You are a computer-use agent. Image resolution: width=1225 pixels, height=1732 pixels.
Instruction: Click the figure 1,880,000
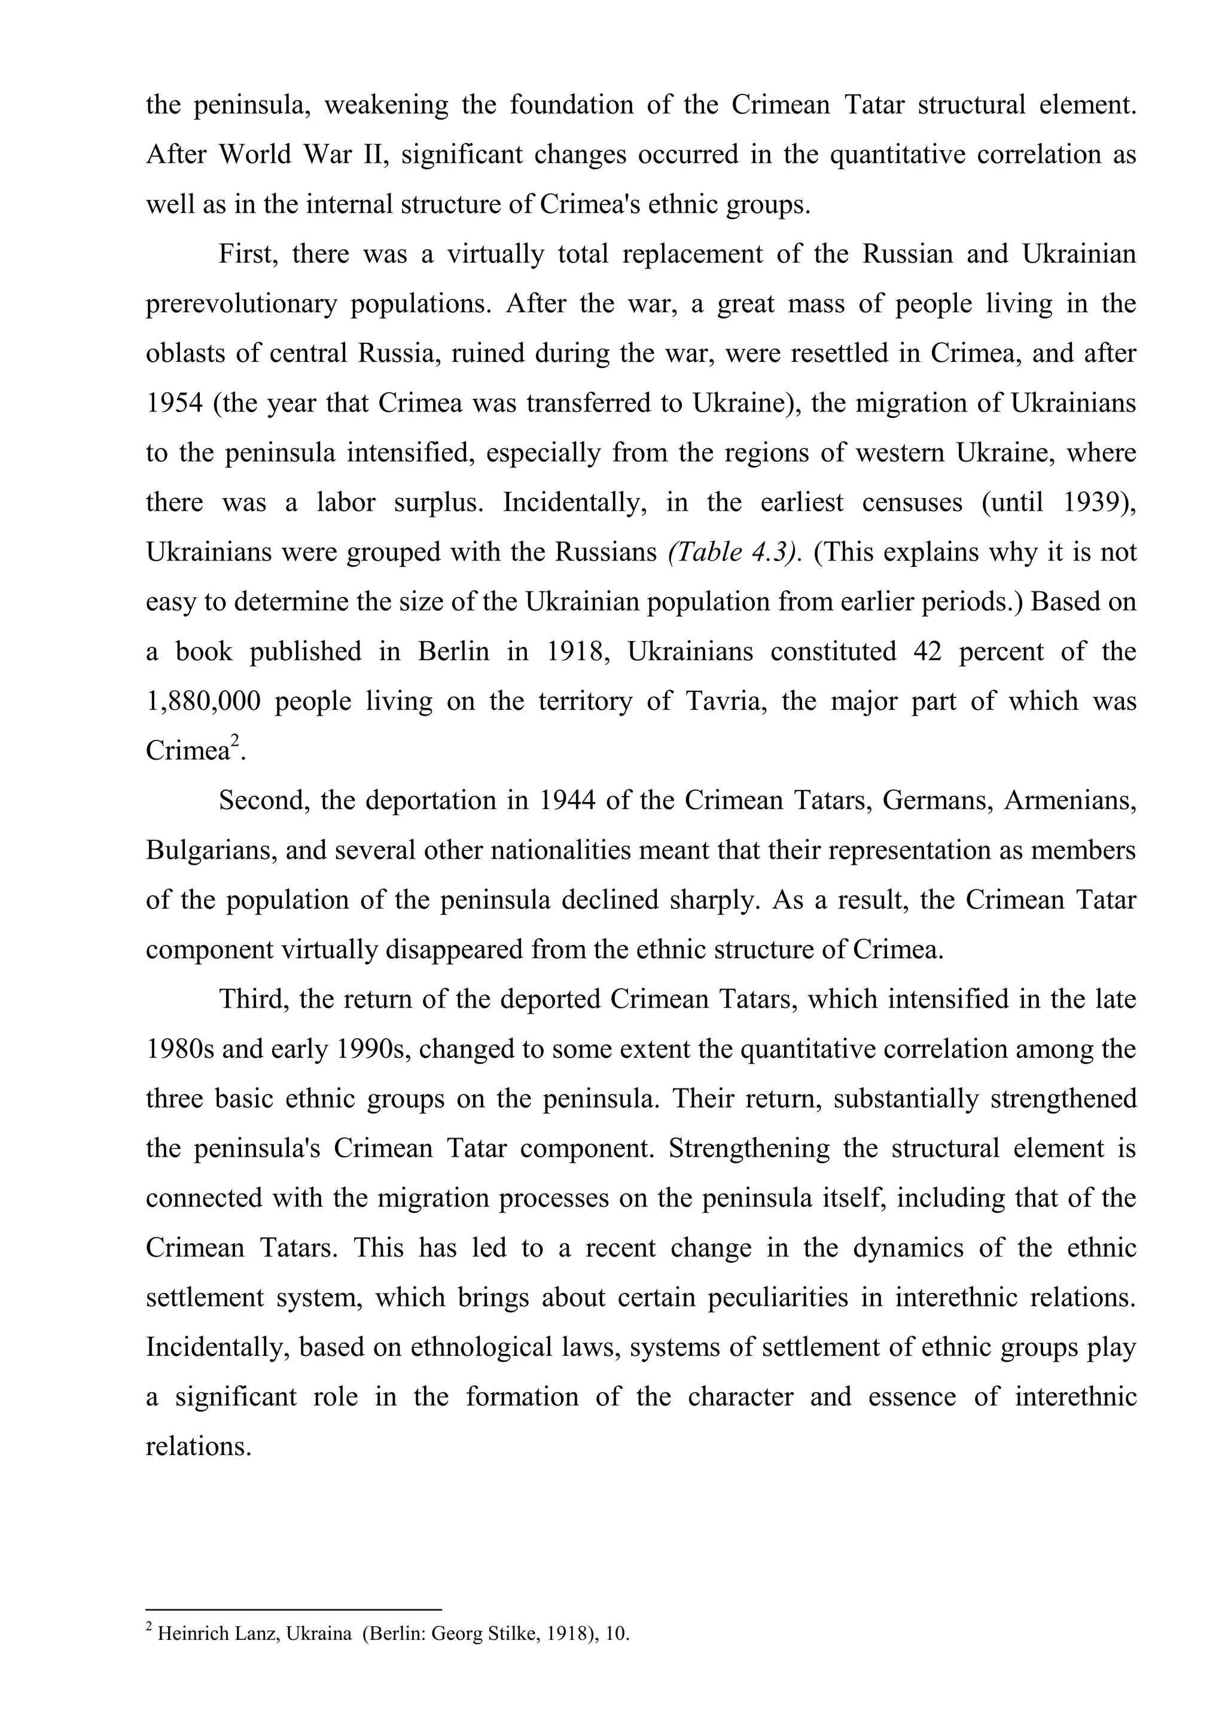click(x=203, y=702)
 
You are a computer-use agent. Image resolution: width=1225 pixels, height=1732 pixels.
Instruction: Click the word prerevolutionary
click(x=240, y=304)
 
